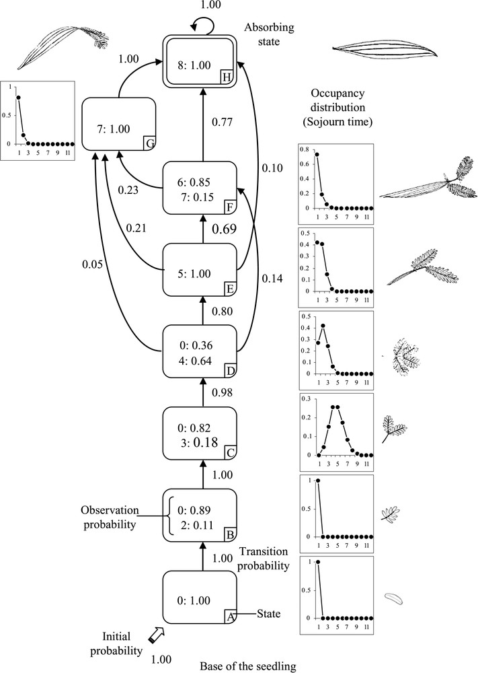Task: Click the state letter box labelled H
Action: coord(227,77)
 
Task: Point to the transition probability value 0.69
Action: coord(224,230)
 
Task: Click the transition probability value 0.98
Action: coord(223,392)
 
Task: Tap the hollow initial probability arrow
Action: coord(155,634)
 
